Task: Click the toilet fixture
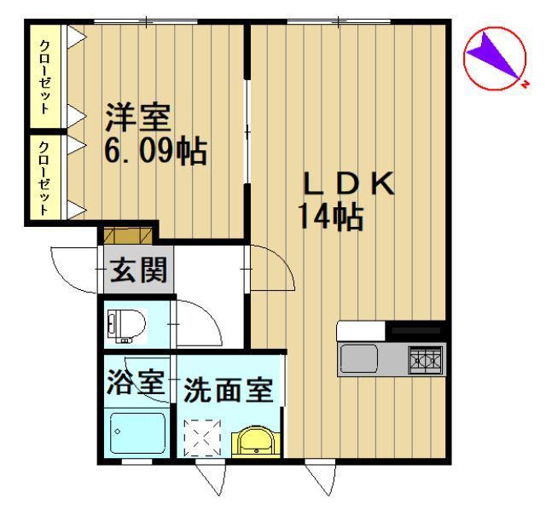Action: (x=126, y=323)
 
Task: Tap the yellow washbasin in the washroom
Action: (x=254, y=443)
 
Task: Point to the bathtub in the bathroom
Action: (x=136, y=432)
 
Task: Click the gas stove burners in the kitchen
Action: (x=425, y=360)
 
